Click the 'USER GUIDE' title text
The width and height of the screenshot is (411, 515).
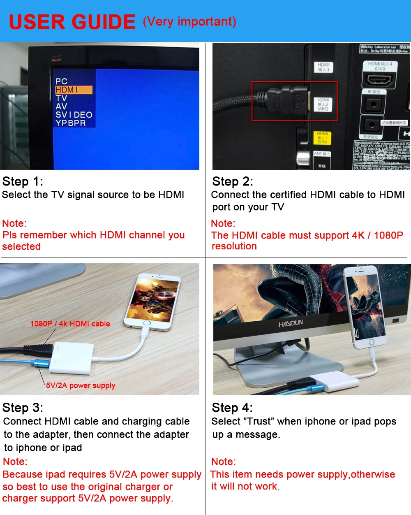(x=72, y=22)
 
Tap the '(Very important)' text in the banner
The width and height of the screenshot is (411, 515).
(x=189, y=21)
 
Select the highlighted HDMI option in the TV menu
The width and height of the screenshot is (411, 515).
(x=74, y=90)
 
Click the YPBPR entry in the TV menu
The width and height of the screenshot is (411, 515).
(x=71, y=123)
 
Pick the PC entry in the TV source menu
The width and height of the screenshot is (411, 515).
(x=61, y=81)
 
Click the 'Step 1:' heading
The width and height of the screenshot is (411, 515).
(x=23, y=181)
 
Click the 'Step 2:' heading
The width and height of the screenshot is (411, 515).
(x=233, y=181)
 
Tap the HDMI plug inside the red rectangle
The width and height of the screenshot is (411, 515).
(x=288, y=101)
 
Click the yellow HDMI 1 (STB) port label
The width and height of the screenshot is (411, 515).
(x=322, y=138)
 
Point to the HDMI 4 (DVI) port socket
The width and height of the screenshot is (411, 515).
(x=379, y=79)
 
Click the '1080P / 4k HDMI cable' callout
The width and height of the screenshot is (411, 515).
(x=70, y=324)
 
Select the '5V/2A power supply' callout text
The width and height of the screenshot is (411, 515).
(x=81, y=385)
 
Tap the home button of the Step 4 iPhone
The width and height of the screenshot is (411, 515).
(x=372, y=342)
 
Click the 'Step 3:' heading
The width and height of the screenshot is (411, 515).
(x=23, y=408)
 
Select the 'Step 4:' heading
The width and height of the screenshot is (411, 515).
(x=232, y=408)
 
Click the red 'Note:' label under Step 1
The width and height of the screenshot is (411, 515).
(x=14, y=223)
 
